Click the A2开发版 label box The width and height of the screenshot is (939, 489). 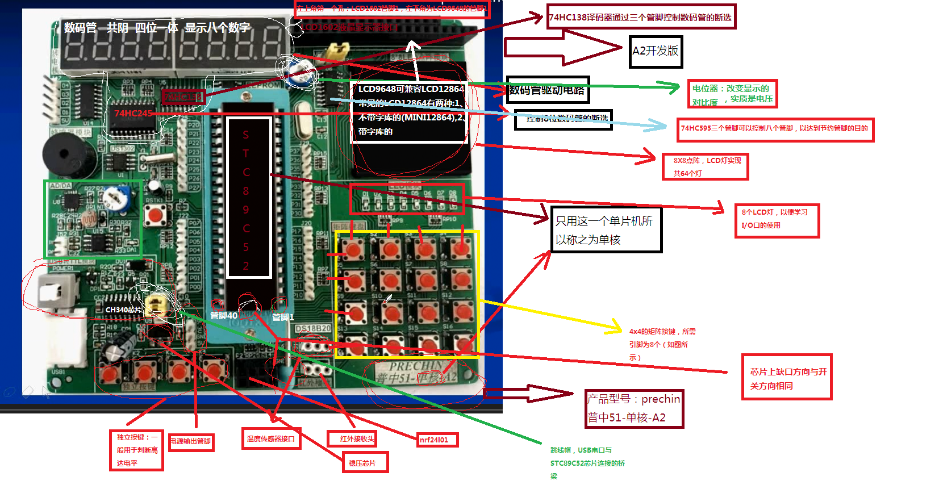point(656,52)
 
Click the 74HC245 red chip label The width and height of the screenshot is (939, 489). point(133,113)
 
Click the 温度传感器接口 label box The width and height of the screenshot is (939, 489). point(271,438)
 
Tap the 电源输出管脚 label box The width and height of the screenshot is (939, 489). point(191,441)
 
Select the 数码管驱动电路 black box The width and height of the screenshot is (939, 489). point(547,90)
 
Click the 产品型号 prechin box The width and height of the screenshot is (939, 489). point(634,408)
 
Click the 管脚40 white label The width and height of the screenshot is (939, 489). point(223,315)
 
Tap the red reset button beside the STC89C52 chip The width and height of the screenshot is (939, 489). point(155,215)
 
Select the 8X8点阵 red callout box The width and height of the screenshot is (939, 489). point(705,166)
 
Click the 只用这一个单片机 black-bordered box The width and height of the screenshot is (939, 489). point(606,229)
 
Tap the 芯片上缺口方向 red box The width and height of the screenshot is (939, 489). point(787,377)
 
